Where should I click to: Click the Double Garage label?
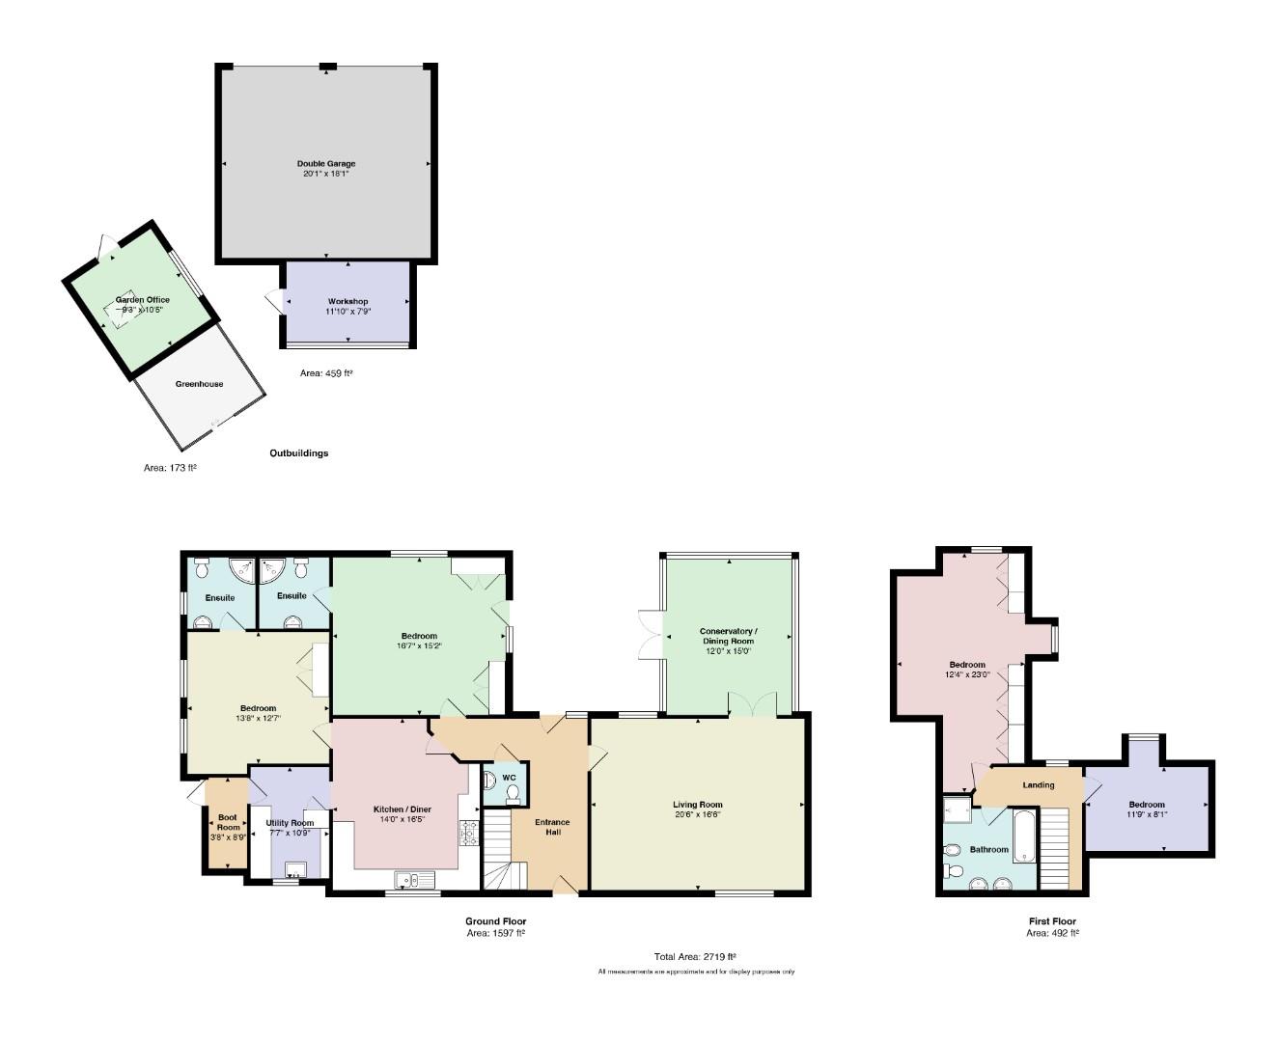pyautogui.click(x=326, y=164)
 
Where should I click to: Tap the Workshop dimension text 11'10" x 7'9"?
pyautogui.click(x=347, y=312)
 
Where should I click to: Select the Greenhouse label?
pyautogui.click(x=200, y=384)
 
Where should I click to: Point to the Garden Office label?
pyautogui.click(x=143, y=300)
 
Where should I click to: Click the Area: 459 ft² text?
pyautogui.click(x=326, y=373)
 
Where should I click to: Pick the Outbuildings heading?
pyautogui.click(x=298, y=453)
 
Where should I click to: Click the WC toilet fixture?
pyautogui.click(x=513, y=793)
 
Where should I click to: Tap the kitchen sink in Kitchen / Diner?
pyautogui.click(x=414, y=879)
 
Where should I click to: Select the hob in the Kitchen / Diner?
pyautogui.click(x=469, y=833)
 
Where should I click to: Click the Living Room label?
pyautogui.click(x=698, y=805)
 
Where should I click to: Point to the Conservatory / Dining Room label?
pyautogui.click(x=729, y=636)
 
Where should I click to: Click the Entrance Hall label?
pyautogui.click(x=552, y=827)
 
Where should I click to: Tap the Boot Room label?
pyautogui.click(x=228, y=822)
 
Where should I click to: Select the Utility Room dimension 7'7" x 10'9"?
pyautogui.click(x=289, y=833)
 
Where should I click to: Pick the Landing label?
pyautogui.click(x=1039, y=785)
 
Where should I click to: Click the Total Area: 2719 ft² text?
pyautogui.click(x=695, y=957)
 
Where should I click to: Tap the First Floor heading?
pyautogui.click(x=1052, y=921)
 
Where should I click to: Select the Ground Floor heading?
pyautogui.click(x=496, y=921)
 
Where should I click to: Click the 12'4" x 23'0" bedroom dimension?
pyautogui.click(x=967, y=674)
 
